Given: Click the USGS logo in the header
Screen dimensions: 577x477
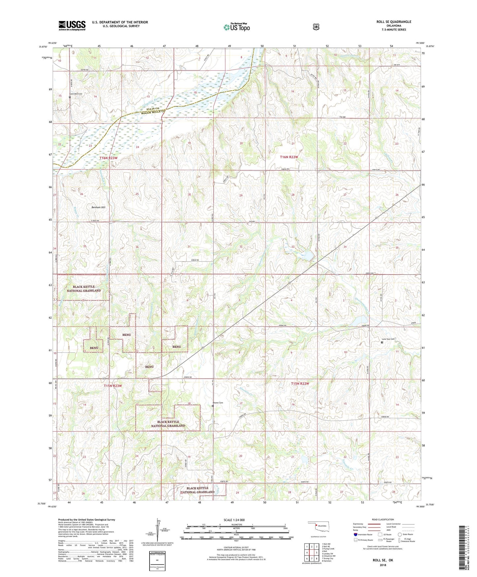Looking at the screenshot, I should [72, 25].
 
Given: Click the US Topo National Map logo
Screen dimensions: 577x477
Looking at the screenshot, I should [236, 27].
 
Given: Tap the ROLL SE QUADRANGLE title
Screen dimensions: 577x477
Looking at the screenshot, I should [394, 22].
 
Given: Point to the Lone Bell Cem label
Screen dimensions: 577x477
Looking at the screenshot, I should [76, 94].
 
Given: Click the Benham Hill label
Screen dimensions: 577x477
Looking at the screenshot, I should [98, 207].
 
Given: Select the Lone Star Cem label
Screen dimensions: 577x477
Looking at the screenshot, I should [388, 339].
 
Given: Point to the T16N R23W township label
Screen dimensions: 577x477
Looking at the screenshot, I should [108, 158].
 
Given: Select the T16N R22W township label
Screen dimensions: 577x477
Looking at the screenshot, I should [289, 157].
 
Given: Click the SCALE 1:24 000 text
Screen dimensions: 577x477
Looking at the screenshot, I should [234, 520].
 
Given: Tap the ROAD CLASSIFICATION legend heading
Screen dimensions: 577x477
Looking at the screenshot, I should [383, 519].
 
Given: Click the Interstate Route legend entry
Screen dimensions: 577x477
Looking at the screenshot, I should [363, 534].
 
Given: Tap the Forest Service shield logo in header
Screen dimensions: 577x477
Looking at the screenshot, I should [316, 26].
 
